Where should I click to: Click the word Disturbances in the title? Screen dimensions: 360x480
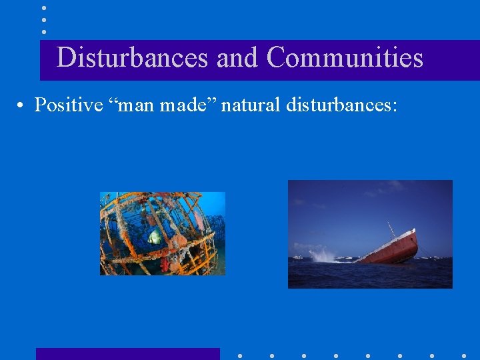point(132,58)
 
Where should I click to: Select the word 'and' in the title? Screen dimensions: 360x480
point(238,58)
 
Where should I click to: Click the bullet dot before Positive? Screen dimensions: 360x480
point(23,105)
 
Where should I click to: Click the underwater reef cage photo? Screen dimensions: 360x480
point(163,233)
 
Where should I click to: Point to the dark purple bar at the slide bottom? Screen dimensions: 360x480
point(127,354)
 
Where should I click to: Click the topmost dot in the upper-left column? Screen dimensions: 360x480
point(43,7)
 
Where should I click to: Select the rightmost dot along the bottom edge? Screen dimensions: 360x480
point(464,355)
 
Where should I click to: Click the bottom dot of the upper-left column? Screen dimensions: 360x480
point(43,31)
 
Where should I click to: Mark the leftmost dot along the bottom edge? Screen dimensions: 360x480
point(240,355)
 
